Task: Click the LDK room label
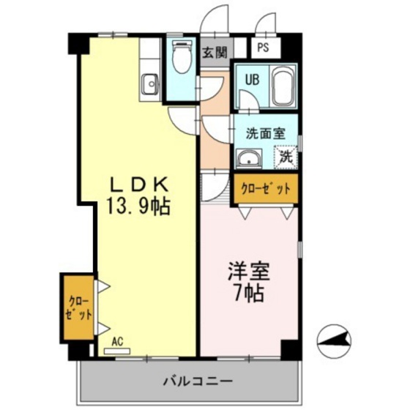pyautogui.click(x=141, y=184)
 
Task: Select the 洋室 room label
pyautogui.click(x=247, y=272)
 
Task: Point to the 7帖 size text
pyautogui.click(x=247, y=294)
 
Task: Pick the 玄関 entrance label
pyautogui.click(x=215, y=52)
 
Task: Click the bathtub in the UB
pyautogui.click(x=282, y=86)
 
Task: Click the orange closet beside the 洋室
pyautogui.click(x=266, y=187)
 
